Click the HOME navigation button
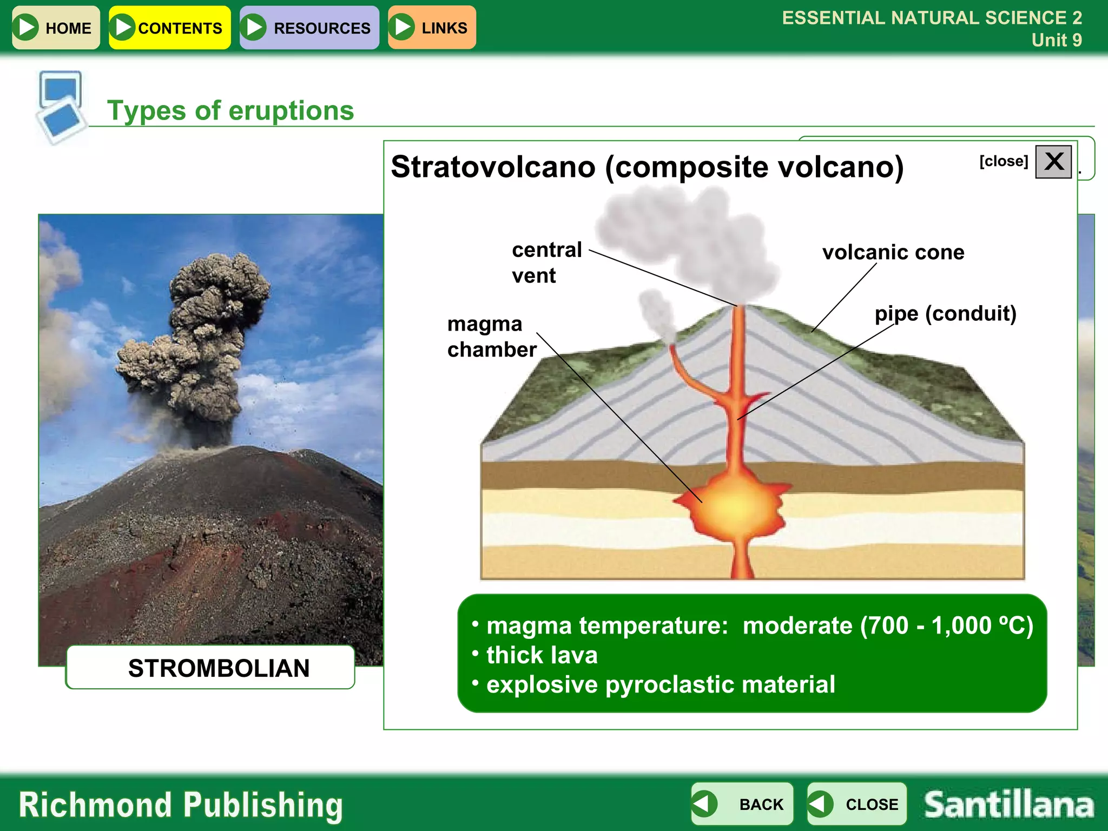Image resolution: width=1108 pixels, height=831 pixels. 56,28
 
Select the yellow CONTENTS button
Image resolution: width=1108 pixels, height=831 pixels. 170,28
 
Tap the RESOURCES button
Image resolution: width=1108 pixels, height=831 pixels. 309,28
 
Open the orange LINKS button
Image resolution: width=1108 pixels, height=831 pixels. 432,28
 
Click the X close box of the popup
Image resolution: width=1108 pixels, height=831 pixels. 1053,161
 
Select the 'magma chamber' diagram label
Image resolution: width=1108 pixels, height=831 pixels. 491,337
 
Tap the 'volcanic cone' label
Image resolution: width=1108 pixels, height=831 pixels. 893,253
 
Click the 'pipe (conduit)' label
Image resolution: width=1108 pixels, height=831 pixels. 945,314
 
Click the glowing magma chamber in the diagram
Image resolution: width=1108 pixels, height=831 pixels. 734,506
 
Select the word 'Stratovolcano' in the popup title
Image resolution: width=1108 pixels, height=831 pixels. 493,167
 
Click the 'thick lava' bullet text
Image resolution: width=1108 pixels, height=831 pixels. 542,655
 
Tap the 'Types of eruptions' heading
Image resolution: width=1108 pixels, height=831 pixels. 230,111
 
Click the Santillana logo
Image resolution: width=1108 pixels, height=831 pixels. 1008,804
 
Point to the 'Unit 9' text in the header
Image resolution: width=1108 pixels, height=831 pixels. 1056,40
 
